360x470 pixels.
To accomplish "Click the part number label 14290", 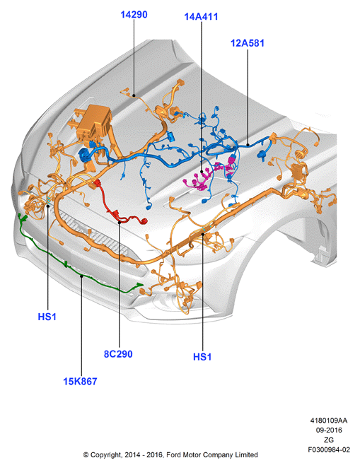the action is point(134,14).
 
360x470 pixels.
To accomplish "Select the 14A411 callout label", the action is point(201,16).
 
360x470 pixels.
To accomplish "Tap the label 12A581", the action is point(248,43).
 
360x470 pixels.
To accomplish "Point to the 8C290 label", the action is point(118,354).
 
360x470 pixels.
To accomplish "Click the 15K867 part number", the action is point(80,381).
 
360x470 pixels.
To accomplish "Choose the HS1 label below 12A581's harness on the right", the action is point(202,357).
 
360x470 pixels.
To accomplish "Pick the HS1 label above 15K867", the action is point(47,317).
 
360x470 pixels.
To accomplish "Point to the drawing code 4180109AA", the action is point(329,421).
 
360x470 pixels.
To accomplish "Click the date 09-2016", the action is point(329,430).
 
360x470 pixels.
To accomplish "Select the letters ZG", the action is point(329,440).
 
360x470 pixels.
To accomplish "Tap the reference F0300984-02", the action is point(329,450).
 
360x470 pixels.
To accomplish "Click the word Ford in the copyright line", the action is point(173,454).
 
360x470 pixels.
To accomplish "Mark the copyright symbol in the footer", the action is point(86,455).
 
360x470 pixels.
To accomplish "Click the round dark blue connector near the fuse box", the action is point(83,155).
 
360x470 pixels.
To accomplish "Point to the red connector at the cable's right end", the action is point(144,221).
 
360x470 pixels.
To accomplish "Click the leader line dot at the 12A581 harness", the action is point(248,145).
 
